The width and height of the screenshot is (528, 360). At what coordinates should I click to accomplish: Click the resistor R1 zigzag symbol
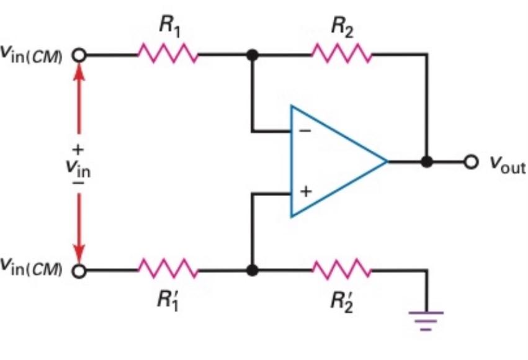pyautogui.click(x=168, y=55)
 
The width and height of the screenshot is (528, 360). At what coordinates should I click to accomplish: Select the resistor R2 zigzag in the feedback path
pyautogui.click(x=342, y=55)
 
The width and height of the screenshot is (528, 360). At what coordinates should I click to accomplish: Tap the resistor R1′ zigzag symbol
pyautogui.click(x=168, y=271)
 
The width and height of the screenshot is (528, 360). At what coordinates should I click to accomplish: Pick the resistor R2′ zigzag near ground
pyautogui.click(x=342, y=271)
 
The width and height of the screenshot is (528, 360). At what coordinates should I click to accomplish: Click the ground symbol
pyautogui.click(x=426, y=318)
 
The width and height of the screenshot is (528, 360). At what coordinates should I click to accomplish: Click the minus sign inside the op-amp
pyautogui.click(x=305, y=132)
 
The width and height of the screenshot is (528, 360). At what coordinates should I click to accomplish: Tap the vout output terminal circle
pyautogui.click(x=472, y=162)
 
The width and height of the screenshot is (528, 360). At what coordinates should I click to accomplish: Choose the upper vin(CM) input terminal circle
pyautogui.click(x=79, y=55)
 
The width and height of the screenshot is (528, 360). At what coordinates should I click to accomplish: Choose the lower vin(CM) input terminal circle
pyautogui.click(x=79, y=271)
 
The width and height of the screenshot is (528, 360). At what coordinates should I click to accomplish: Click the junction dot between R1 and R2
pyautogui.click(x=251, y=55)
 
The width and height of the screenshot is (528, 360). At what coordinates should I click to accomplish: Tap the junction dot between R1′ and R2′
pyautogui.click(x=251, y=271)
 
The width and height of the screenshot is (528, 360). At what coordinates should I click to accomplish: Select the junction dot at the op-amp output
pyautogui.click(x=426, y=162)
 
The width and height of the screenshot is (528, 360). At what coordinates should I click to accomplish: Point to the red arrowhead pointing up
pyautogui.click(x=79, y=71)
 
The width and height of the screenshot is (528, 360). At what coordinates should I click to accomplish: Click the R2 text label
pyautogui.click(x=342, y=27)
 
